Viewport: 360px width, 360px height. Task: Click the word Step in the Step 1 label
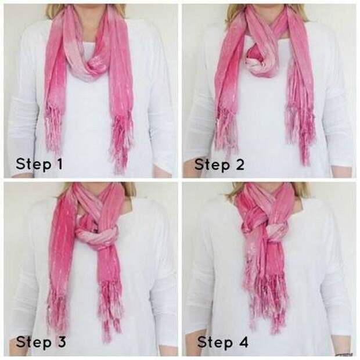click(x=34, y=165)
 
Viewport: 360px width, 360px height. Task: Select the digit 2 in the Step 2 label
click(x=239, y=164)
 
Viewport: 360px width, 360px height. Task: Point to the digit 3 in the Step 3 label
click(x=61, y=341)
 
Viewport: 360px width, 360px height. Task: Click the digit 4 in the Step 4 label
click(x=243, y=342)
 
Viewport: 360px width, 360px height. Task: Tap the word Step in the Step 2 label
click(x=213, y=165)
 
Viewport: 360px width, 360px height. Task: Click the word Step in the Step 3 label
click(x=34, y=343)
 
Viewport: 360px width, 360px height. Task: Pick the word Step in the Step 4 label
click(x=215, y=343)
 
